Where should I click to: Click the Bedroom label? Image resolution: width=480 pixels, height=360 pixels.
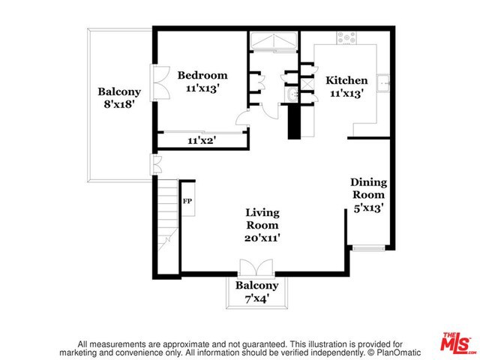(202, 76)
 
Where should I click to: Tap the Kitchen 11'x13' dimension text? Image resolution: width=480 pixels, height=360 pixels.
(346, 94)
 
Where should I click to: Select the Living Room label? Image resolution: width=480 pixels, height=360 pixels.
(262, 218)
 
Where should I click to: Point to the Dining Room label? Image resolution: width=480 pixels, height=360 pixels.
(368, 189)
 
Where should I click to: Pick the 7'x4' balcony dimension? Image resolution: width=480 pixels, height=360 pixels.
(256, 298)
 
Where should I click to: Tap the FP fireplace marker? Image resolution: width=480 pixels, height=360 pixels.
(187, 201)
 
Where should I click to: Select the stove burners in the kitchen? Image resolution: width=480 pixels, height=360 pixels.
(347, 35)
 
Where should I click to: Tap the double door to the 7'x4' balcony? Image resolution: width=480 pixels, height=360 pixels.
(256, 268)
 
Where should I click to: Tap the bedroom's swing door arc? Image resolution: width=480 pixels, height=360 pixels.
(243, 118)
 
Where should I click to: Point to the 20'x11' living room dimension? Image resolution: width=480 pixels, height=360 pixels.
(262, 238)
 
